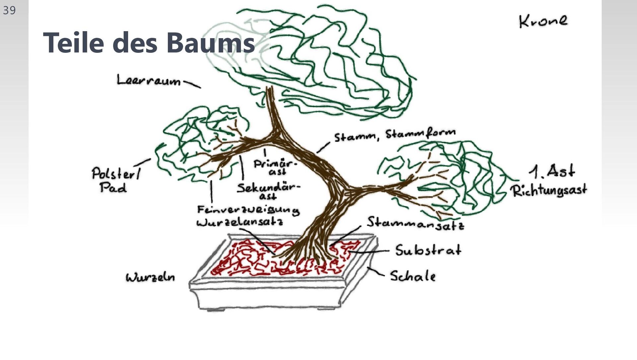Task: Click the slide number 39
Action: tap(9, 10)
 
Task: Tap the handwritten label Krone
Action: tap(543, 21)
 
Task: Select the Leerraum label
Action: tap(148, 80)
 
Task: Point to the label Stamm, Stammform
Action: tap(394, 135)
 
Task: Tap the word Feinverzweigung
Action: tap(248, 210)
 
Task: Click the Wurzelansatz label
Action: tap(240, 222)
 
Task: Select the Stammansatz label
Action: tap(415, 223)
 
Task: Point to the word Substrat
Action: tap(428, 250)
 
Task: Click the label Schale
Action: tap(412, 276)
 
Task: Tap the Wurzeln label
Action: tap(150, 277)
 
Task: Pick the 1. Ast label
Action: tap(552, 172)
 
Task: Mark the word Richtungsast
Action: tap(548, 191)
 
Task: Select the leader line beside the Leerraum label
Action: tap(192, 84)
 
